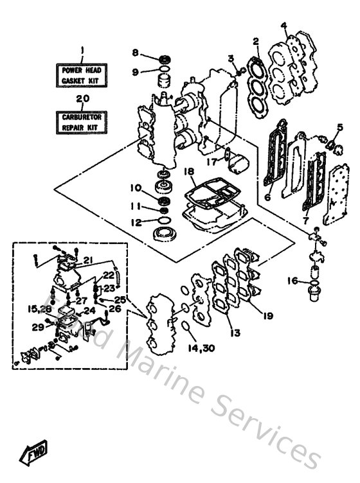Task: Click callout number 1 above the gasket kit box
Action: tap(82, 51)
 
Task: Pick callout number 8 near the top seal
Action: tap(136, 52)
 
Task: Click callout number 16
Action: tap(292, 280)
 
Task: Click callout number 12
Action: tap(136, 222)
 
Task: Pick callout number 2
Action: tap(255, 42)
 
